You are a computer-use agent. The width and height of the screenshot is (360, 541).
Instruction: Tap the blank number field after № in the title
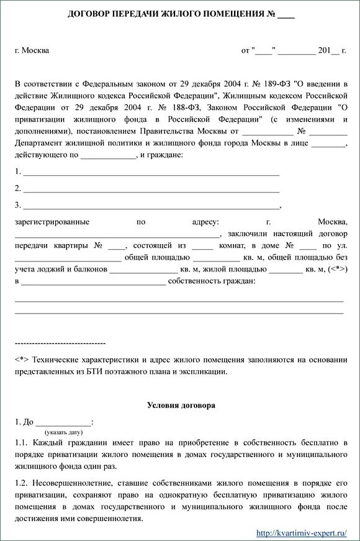point(286,15)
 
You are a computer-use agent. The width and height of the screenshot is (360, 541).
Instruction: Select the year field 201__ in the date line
point(329,50)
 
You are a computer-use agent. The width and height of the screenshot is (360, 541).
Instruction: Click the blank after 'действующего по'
point(108,155)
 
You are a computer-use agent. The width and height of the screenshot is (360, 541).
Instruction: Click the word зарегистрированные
point(52,222)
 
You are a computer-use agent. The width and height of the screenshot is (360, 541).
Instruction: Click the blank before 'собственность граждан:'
point(93,282)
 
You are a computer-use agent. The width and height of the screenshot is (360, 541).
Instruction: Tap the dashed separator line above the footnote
point(60,343)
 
